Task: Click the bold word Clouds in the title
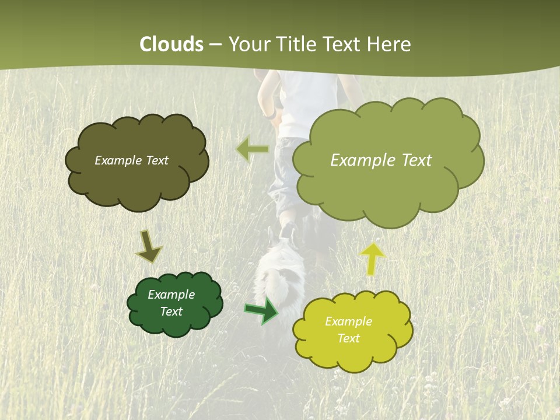coord(171,44)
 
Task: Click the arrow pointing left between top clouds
coord(252,149)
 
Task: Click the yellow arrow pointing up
coord(373,258)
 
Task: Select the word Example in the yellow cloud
coord(348,321)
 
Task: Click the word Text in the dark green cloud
coord(171,311)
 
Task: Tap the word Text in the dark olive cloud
coord(156,160)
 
